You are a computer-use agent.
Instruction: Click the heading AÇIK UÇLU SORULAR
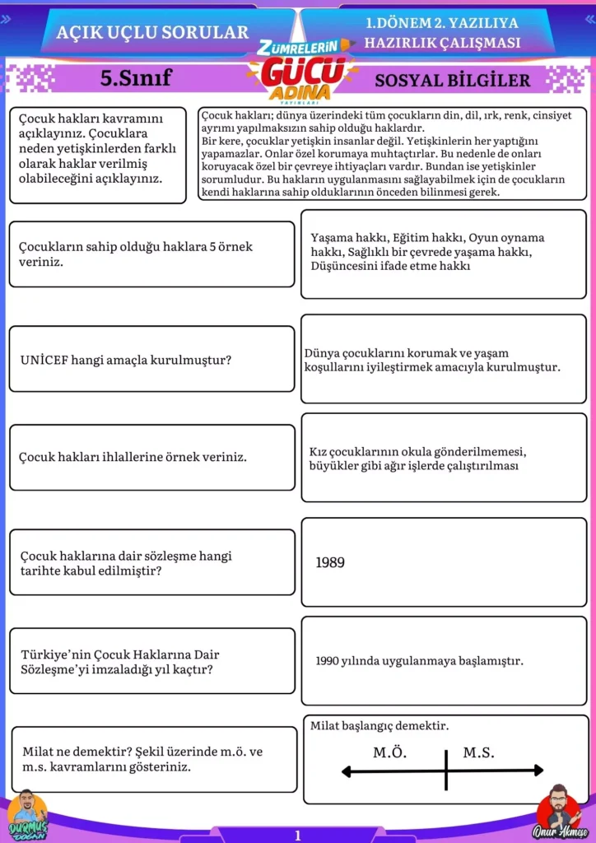click(151, 32)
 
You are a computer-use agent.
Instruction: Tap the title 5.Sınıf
click(135, 78)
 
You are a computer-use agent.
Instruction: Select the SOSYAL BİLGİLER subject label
click(452, 80)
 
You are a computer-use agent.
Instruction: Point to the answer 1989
click(330, 563)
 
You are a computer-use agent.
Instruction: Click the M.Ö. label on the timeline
click(390, 752)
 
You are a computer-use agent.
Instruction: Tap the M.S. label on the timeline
click(478, 752)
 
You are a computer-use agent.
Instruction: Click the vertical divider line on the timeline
click(445, 771)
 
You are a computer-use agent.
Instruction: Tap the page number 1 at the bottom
click(298, 836)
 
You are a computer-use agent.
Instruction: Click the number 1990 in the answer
click(328, 661)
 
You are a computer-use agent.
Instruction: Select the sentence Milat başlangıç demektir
click(379, 726)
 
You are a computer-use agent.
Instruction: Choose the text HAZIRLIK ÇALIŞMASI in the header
click(442, 43)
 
